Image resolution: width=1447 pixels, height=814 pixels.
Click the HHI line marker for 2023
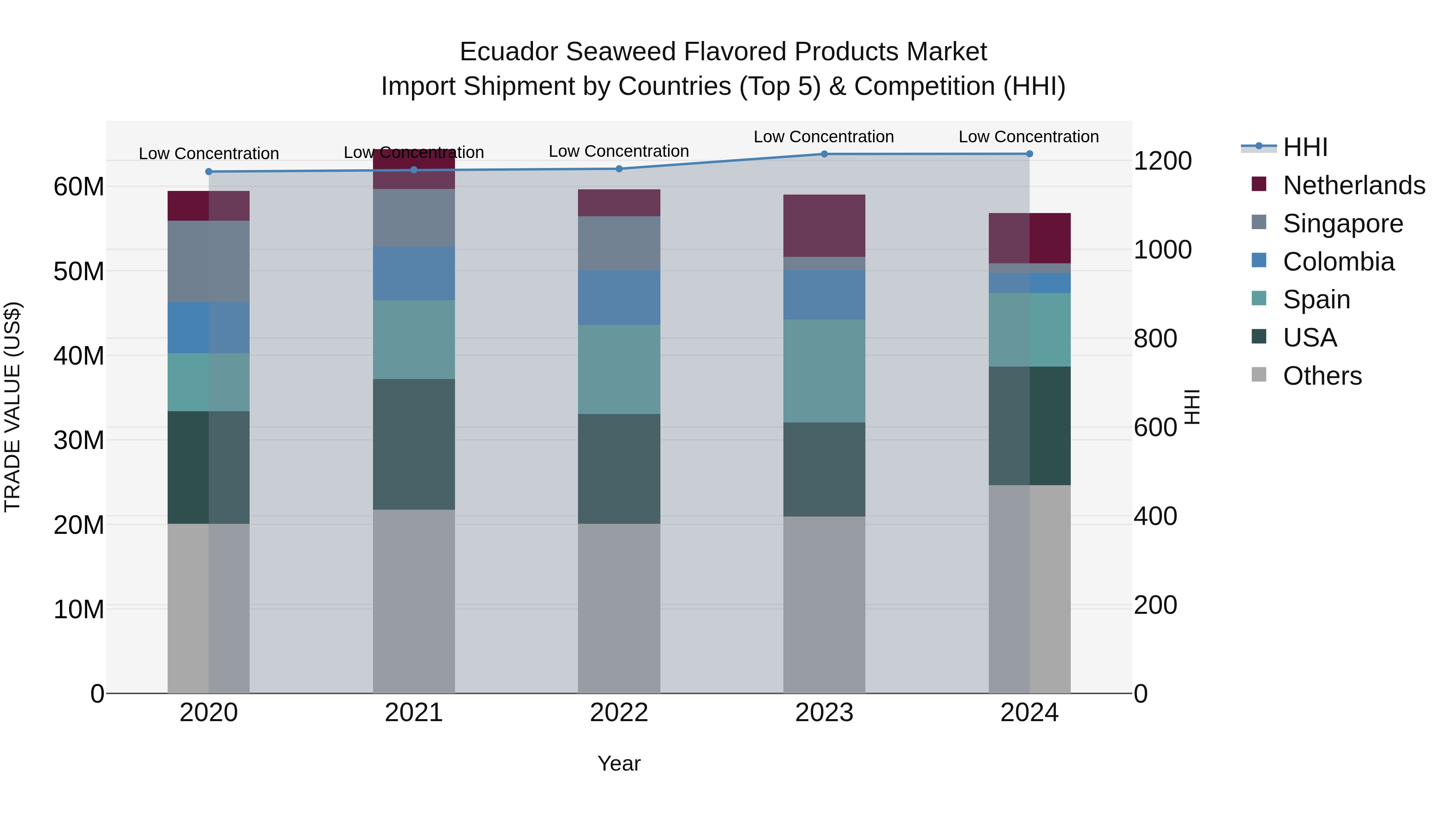tap(824, 154)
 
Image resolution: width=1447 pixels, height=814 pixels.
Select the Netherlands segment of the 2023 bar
tap(824, 226)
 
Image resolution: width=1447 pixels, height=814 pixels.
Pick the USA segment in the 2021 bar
tap(414, 444)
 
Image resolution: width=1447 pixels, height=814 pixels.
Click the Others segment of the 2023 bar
tap(824, 605)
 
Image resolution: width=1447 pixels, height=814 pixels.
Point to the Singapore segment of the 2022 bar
tap(619, 243)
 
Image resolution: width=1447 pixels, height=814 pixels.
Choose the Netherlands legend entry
tap(1353, 185)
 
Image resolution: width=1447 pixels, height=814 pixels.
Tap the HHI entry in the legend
tap(1304, 147)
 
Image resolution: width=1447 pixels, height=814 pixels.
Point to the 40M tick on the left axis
tap(79, 356)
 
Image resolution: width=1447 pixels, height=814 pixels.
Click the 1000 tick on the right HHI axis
tap(1162, 249)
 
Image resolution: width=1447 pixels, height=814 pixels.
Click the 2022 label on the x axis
tap(619, 713)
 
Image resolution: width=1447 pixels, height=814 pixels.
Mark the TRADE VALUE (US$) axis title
tap(12, 407)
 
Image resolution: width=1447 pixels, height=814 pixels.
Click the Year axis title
tap(619, 763)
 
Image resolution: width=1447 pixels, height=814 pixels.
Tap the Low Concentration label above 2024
tap(1029, 137)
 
